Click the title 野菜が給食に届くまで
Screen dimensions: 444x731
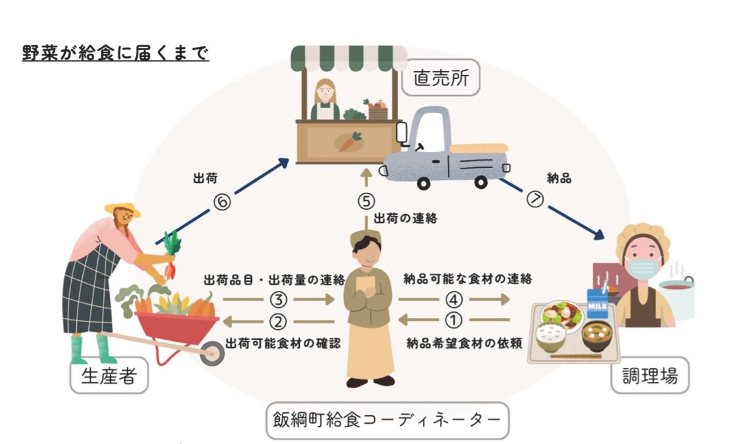tap(116, 53)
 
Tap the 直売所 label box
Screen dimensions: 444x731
tap(441, 78)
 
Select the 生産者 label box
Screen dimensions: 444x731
tap(108, 376)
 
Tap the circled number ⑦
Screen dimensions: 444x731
tap(535, 200)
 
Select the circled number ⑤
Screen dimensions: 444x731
tap(365, 201)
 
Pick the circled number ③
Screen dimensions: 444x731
tap(278, 299)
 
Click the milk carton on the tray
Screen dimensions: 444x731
tap(598, 303)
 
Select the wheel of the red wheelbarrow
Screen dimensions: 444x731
tap(211, 353)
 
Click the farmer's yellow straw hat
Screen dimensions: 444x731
tap(122, 209)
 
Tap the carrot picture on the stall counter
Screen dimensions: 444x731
tap(348, 141)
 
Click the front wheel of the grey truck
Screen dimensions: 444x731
tap(426, 181)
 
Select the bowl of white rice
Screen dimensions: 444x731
tap(550, 335)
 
